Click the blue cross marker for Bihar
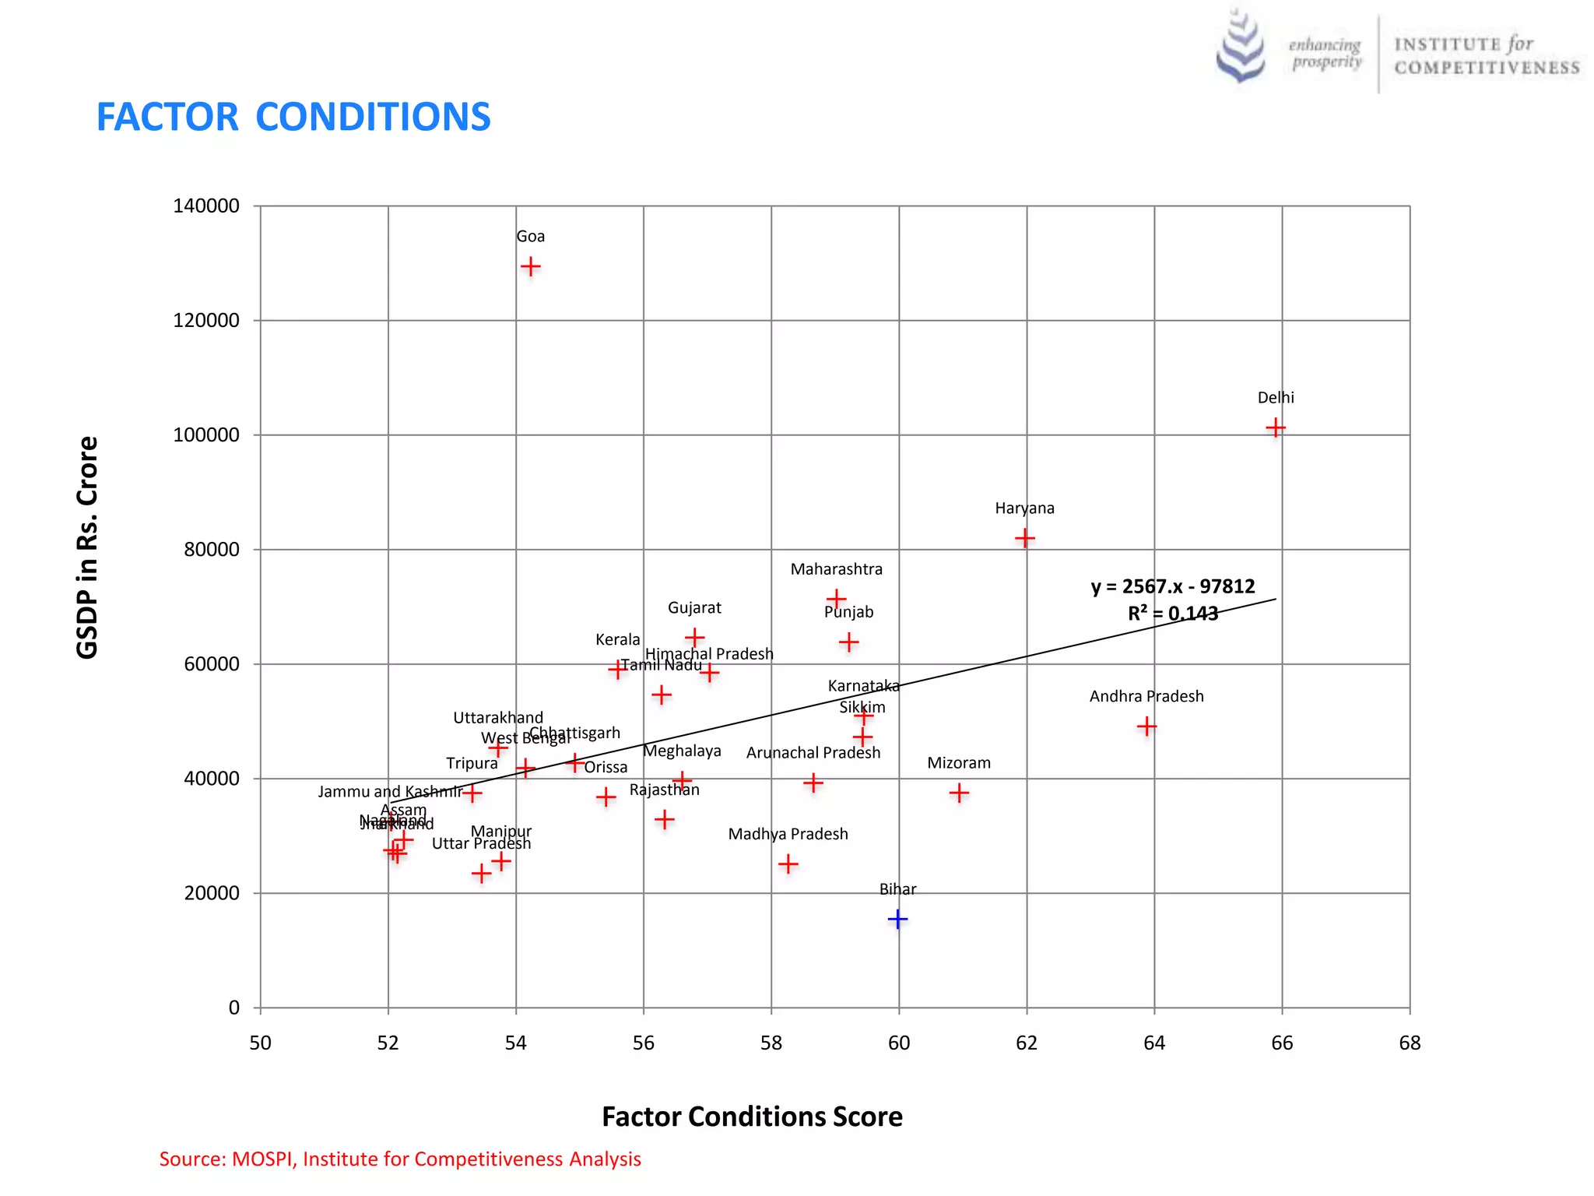(x=897, y=920)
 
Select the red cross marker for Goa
(x=530, y=267)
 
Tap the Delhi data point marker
(x=1275, y=427)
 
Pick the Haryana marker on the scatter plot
(x=1024, y=538)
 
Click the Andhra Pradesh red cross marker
(x=1146, y=726)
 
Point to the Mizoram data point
(x=959, y=793)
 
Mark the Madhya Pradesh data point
(x=788, y=864)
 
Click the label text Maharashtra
(x=836, y=569)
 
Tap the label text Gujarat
(x=694, y=607)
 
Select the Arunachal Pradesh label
(x=813, y=753)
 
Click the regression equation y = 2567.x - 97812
(x=1172, y=586)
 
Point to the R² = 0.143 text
(x=1172, y=614)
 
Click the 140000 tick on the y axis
(x=206, y=206)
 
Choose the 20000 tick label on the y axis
(x=211, y=893)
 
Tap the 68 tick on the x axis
(x=1409, y=1043)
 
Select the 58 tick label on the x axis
(x=771, y=1043)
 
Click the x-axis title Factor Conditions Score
(x=752, y=1117)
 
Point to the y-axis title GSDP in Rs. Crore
(x=87, y=547)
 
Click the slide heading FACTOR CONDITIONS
(x=293, y=117)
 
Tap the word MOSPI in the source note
(x=263, y=1159)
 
